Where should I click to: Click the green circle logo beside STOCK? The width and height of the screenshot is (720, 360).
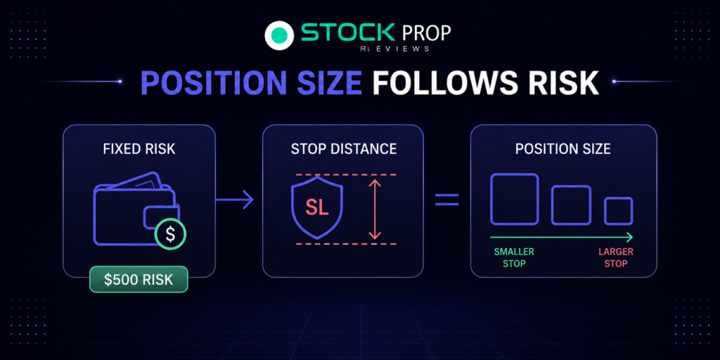(x=280, y=34)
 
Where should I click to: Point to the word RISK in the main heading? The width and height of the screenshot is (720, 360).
(x=567, y=83)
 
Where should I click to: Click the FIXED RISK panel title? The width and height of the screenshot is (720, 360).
(x=139, y=149)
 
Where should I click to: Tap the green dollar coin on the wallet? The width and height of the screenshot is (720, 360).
(x=170, y=233)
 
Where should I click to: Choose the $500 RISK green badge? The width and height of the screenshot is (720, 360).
(x=139, y=279)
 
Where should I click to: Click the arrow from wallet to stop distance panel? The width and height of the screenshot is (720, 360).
(x=234, y=199)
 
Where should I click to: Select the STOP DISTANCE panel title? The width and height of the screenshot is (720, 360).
(x=343, y=149)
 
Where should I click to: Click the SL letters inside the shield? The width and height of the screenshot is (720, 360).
(x=317, y=208)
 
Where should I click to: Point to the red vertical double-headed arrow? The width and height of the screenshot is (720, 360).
(x=375, y=209)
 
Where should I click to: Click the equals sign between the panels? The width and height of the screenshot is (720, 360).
(x=446, y=199)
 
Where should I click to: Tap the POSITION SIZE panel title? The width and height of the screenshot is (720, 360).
(x=563, y=149)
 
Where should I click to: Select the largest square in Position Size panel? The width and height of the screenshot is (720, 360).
(x=514, y=199)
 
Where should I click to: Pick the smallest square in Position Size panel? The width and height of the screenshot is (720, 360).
(x=618, y=211)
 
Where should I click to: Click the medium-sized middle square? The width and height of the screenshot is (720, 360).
(x=571, y=205)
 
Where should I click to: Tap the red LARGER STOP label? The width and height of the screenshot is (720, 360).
(x=616, y=257)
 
